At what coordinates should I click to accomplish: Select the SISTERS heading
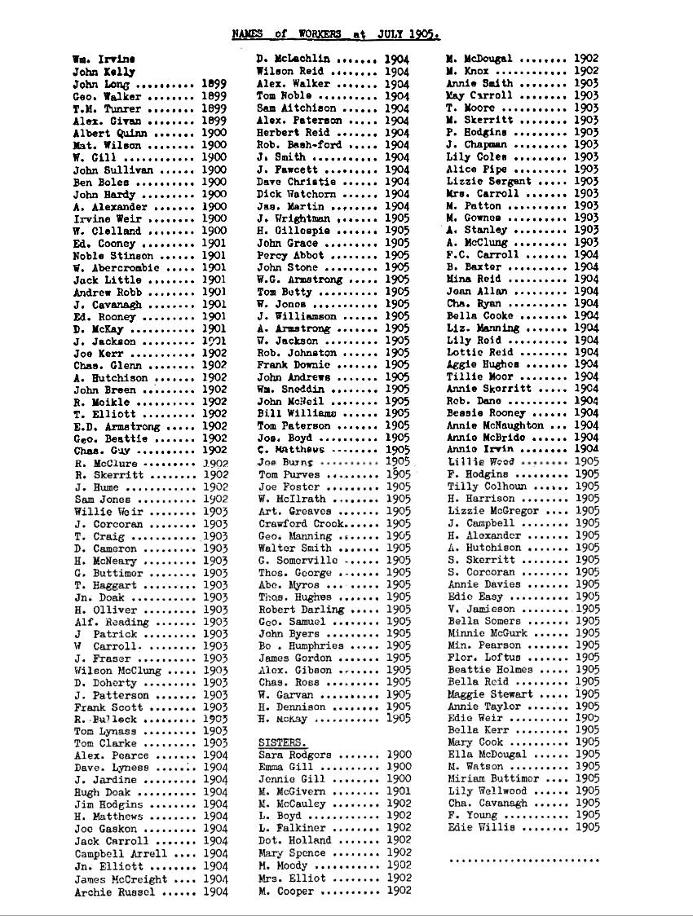click(282, 743)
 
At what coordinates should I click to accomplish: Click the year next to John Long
click(214, 84)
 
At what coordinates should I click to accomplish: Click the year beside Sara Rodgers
click(399, 755)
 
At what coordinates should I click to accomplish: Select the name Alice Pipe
click(477, 169)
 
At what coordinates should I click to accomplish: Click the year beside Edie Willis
click(587, 828)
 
